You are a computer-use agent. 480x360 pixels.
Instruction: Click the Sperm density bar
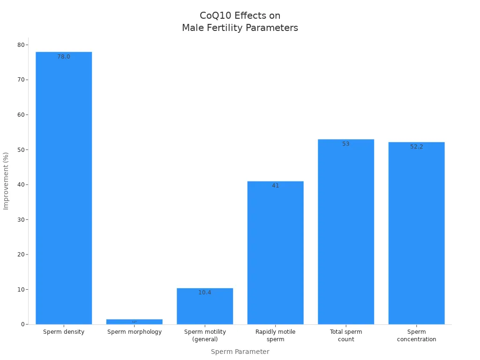pos(64,187)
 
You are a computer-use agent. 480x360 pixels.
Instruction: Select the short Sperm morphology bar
pos(134,322)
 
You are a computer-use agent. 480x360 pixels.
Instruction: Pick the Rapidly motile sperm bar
pos(275,253)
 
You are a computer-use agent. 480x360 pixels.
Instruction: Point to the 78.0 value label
pos(64,57)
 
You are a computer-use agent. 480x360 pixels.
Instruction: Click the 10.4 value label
pos(205,292)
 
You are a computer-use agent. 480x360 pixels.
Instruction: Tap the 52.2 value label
pos(416,147)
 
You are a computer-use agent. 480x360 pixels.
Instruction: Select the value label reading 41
pos(275,186)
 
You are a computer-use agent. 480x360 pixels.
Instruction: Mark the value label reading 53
pos(346,144)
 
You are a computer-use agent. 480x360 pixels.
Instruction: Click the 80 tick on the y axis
pos(21,45)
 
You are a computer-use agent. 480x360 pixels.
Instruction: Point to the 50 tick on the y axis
pos(21,150)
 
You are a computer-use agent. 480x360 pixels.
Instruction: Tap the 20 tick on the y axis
pos(21,255)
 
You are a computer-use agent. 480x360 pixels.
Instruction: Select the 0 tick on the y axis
pos(22,324)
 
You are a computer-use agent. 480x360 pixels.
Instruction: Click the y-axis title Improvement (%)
pos(6,181)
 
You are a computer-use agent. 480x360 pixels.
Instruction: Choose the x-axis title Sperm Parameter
pos(240,352)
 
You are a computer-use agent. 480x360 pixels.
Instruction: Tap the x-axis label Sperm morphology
pos(135,332)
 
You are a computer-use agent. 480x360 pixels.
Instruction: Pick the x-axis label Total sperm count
pos(346,335)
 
